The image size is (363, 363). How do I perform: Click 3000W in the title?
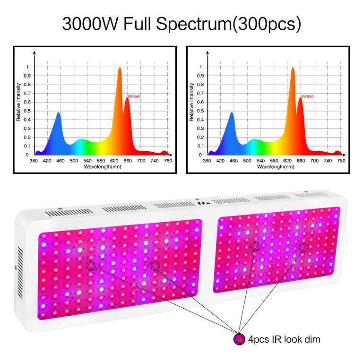[90, 24]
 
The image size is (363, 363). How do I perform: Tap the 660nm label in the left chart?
[134, 96]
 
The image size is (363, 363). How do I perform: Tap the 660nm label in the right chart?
[307, 96]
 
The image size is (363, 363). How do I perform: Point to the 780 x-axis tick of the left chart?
[168, 161]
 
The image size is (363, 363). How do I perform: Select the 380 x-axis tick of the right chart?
[207, 161]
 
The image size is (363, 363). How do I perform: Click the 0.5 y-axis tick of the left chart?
[27, 111]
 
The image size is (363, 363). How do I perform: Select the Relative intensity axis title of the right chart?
[192, 102]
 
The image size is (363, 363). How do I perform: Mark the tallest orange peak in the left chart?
[120, 69]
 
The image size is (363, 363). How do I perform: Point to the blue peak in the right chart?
[232, 114]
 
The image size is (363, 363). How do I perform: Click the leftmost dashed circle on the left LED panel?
[91, 267]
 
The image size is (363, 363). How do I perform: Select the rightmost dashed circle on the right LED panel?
[303, 247]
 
